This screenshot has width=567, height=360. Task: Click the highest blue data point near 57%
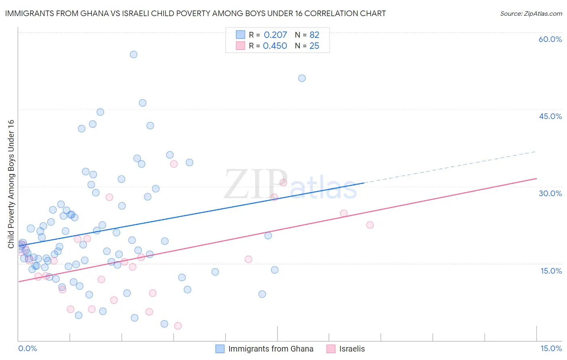coord(133,54)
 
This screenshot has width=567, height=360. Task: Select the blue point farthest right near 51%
coord(302,78)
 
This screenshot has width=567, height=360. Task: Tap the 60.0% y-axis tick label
coord(550,39)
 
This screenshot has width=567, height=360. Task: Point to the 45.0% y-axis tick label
coord(550,116)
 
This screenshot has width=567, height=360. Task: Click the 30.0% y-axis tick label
coord(550,193)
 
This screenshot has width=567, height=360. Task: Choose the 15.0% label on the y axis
coord(551,270)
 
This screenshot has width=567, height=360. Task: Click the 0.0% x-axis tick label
coord(27,348)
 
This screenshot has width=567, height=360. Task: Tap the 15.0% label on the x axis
coord(551,348)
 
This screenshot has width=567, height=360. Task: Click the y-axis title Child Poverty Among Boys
coord(11,184)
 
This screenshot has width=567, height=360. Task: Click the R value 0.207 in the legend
coord(275,35)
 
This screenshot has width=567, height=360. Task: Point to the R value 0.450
coord(275,46)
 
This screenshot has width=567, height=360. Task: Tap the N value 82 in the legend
coord(314,35)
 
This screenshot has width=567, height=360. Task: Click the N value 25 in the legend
coord(314,46)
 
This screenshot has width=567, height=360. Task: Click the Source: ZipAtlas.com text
coord(531,14)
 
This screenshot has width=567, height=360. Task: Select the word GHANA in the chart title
coord(94,14)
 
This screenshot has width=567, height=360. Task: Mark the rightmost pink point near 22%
coord(370,225)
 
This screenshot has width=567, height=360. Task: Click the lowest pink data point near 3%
coord(178,326)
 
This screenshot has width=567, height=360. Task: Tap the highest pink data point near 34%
coord(174,164)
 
